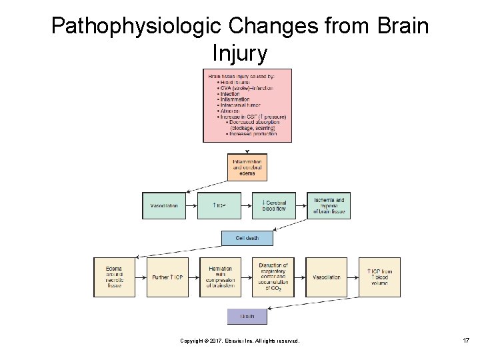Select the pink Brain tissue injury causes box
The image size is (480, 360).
[x=247, y=105]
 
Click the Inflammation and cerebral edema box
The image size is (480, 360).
[x=247, y=167]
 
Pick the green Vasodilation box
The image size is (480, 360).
[x=164, y=206]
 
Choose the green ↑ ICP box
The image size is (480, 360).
[x=219, y=206]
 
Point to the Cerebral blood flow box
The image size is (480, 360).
[x=273, y=206]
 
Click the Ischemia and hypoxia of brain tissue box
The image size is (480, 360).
[x=329, y=206]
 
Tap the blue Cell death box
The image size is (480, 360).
[x=247, y=238]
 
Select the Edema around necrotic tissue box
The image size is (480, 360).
[x=114, y=277]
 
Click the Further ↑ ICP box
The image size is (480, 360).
[x=167, y=277]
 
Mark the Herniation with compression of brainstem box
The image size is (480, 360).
[x=220, y=277]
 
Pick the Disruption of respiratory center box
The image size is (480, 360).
[x=273, y=277]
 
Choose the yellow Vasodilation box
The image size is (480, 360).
[x=326, y=277]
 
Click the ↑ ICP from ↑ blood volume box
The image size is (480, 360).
[x=379, y=277]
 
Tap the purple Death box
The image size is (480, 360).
[x=247, y=316]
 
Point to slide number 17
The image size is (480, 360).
[x=466, y=341]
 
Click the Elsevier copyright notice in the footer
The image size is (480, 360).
[x=240, y=341]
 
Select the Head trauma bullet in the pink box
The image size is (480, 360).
[x=233, y=82]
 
